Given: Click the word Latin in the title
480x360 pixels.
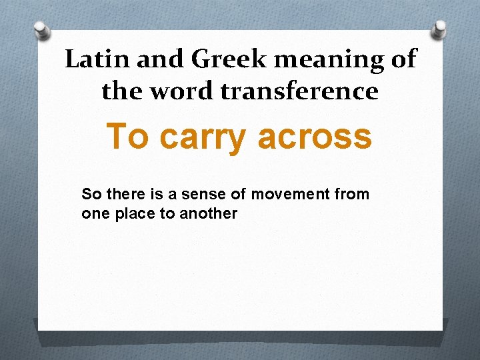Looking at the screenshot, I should tap(91, 59).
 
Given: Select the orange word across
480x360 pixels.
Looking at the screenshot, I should tap(314, 137).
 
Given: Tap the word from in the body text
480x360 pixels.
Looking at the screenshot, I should tap(355, 194).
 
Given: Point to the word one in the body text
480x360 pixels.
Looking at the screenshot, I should tap(92, 214).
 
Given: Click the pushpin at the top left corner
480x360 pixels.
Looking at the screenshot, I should tap(42, 31).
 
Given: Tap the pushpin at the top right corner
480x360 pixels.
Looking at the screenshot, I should tap(439, 29).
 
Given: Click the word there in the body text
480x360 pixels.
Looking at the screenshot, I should tap(120, 194).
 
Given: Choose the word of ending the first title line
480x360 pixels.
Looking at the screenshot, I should tap(403, 59).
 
